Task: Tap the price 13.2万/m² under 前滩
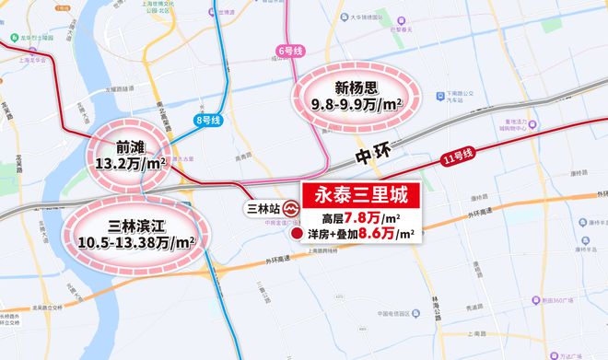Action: (x=129, y=166)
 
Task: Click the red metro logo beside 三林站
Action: (x=290, y=207)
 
